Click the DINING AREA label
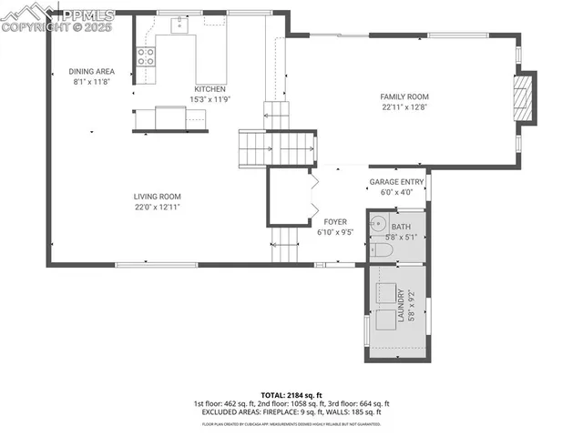point(92,71)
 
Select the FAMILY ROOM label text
point(404,96)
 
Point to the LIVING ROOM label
point(157,197)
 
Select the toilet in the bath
point(384,249)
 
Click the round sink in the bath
point(380,224)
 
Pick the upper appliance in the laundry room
point(390,294)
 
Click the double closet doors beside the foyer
point(314,196)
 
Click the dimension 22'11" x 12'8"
point(404,106)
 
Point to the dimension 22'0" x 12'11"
point(157,207)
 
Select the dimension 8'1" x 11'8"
point(92,81)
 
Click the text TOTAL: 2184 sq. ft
point(291,394)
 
